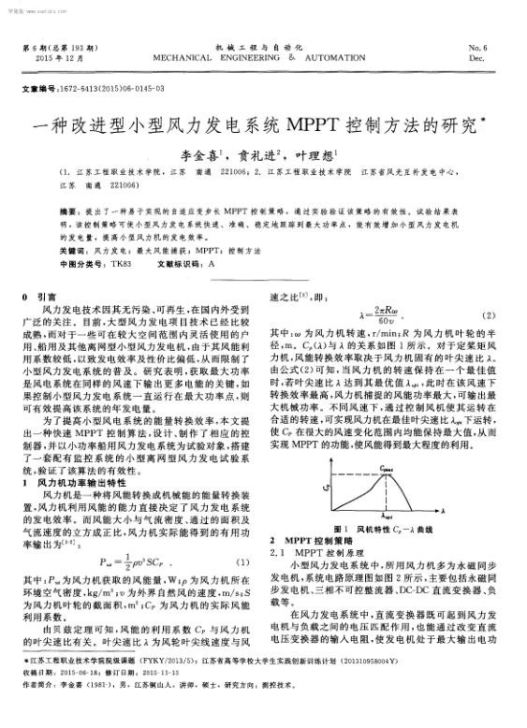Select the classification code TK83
pyautogui.click(x=120, y=263)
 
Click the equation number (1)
pyautogui.click(x=239, y=561)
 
